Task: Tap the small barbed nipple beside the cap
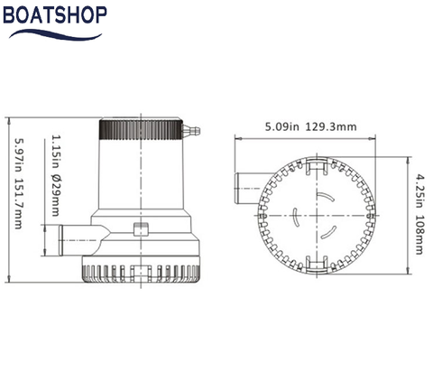[191, 133]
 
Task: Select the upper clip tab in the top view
[315, 166]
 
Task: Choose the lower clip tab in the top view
[315, 262]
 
